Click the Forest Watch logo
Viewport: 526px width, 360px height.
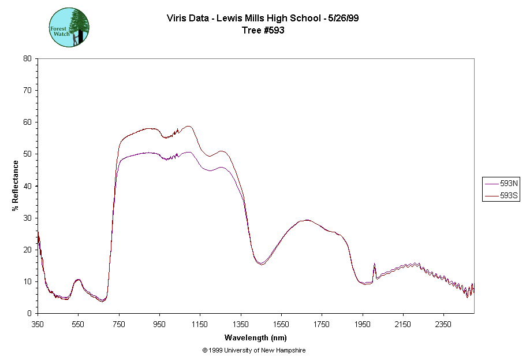click(x=69, y=27)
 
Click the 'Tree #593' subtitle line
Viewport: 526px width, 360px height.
click(x=263, y=31)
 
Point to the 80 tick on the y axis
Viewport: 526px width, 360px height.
click(x=27, y=58)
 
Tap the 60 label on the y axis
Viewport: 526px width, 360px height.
click(x=27, y=123)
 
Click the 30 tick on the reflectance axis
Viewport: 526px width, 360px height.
click(x=27, y=218)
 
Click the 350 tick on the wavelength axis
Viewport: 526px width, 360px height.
click(x=38, y=324)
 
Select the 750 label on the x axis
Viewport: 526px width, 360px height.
click(x=119, y=324)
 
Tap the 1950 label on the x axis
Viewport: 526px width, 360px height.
click(x=363, y=324)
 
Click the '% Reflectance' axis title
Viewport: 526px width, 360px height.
click(x=16, y=185)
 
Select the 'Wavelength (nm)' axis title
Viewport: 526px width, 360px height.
click(x=256, y=337)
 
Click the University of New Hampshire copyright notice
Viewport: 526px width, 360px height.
click(x=254, y=350)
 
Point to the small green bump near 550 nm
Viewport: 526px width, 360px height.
click(x=78, y=280)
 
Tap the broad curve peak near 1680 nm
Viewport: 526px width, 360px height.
click(x=307, y=220)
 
